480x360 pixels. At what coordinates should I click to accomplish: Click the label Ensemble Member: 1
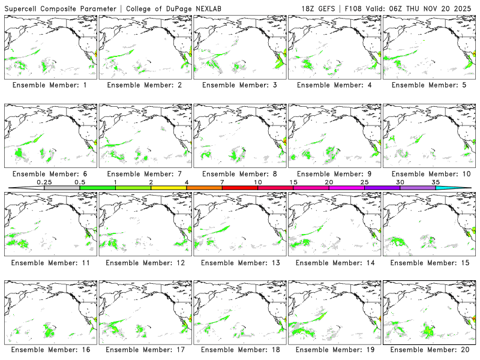coord(49,85)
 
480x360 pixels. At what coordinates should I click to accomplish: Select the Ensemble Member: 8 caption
coord(239,174)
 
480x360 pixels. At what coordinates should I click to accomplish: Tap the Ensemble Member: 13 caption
coord(239,262)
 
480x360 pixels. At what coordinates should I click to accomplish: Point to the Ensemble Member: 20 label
coord(428,349)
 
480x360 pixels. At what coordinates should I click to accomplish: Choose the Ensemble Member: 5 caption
coord(428,85)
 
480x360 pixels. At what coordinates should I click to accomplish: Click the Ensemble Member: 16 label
coord(49,349)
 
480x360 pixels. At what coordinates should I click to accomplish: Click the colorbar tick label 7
coord(222,182)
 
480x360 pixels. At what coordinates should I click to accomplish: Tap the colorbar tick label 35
coord(436,182)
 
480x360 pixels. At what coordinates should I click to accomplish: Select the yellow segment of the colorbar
coord(169,188)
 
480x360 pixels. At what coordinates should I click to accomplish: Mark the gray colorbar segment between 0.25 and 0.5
coord(62,188)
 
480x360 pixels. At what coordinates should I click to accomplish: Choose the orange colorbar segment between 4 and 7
coord(204,188)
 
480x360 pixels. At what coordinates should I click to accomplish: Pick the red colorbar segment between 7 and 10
coord(240,188)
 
